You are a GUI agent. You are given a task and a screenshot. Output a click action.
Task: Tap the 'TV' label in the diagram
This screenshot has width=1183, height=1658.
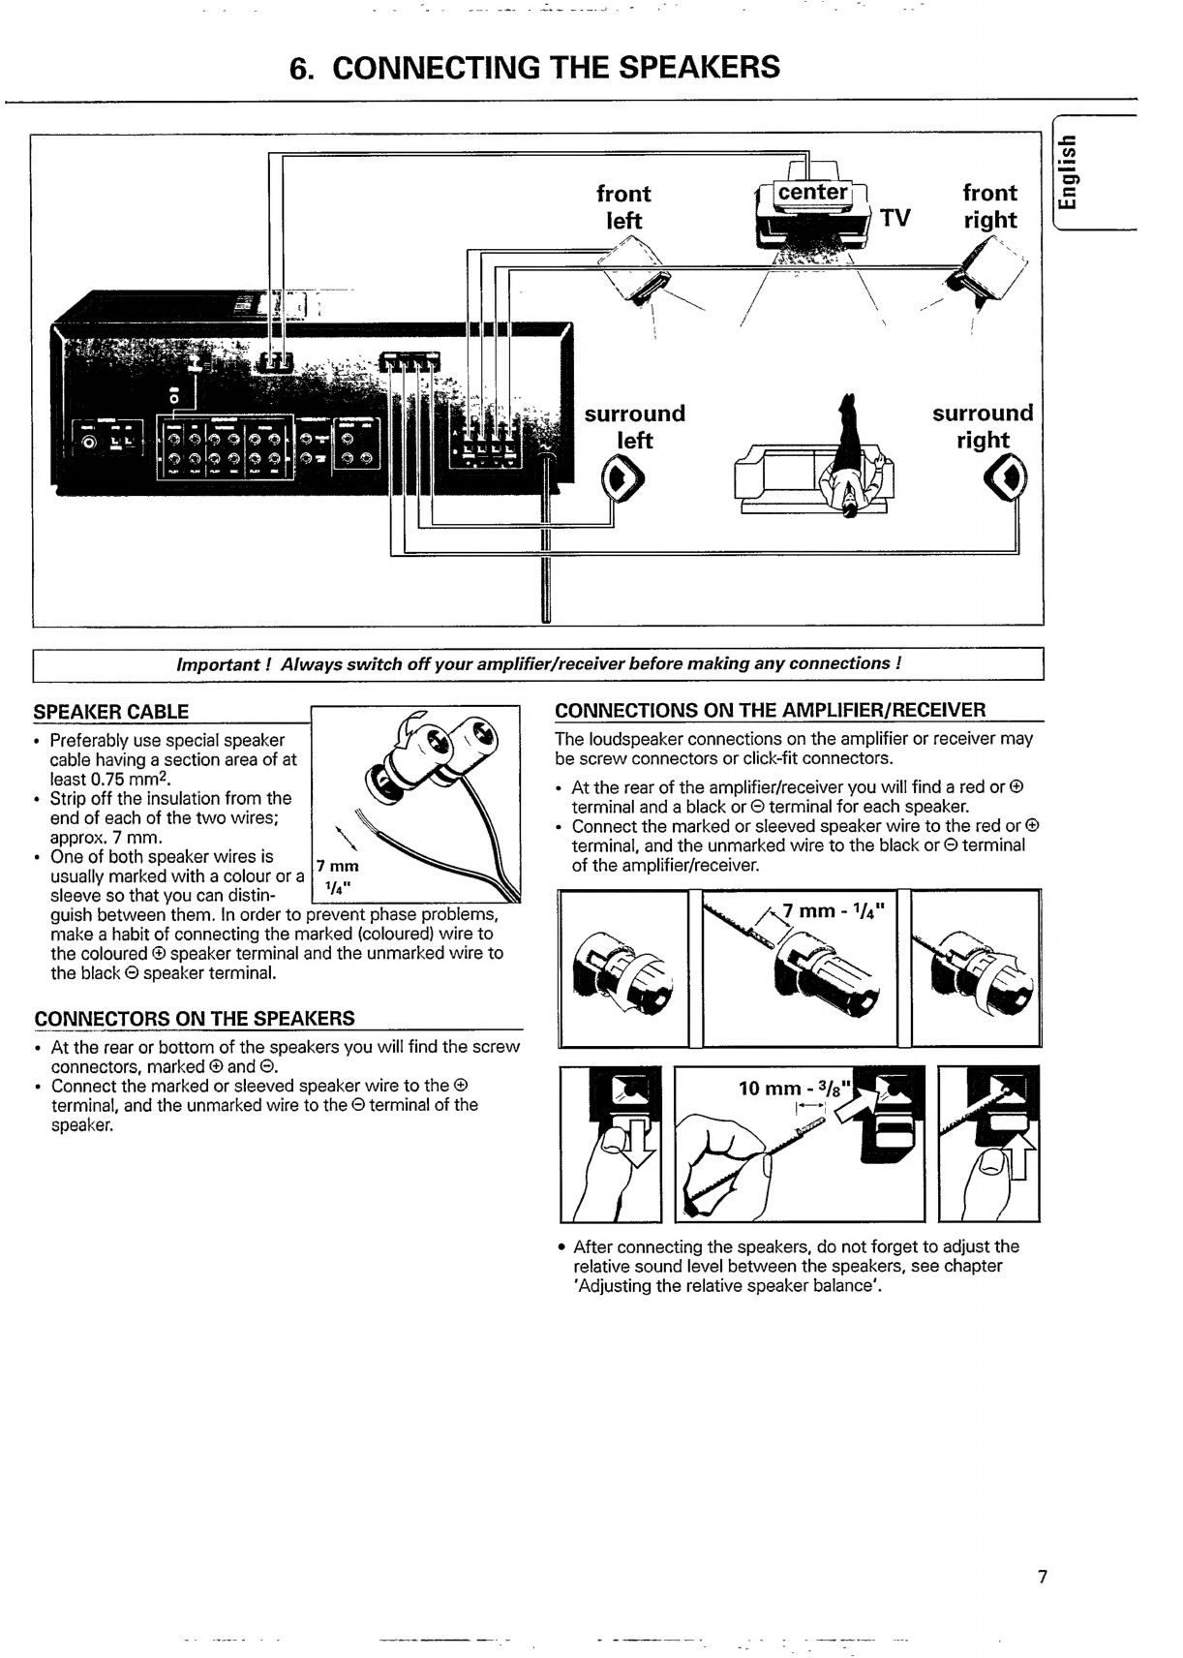(895, 218)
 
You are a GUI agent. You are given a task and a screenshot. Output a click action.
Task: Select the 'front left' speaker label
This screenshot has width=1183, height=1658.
(623, 206)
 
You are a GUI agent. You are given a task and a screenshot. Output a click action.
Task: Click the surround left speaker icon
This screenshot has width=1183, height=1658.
(622, 478)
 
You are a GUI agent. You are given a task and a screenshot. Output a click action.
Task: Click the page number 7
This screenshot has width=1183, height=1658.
(1043, 1576)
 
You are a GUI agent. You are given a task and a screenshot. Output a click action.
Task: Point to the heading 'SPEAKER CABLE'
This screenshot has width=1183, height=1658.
(111, 711)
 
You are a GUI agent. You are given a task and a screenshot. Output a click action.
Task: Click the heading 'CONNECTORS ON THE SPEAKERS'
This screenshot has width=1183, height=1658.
(195, 1018)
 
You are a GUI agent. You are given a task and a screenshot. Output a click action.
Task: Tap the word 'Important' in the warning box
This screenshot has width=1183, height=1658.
(218, 664)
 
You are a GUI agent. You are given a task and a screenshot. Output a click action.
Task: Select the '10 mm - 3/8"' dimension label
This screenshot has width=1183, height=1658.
(796, 1089)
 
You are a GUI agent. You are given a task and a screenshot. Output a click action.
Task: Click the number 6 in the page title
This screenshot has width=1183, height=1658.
(298, 68)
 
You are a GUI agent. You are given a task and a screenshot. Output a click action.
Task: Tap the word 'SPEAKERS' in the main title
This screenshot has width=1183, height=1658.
(699, 68)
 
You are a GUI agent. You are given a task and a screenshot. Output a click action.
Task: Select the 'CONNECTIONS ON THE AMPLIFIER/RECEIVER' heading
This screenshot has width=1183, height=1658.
(771, 710)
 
